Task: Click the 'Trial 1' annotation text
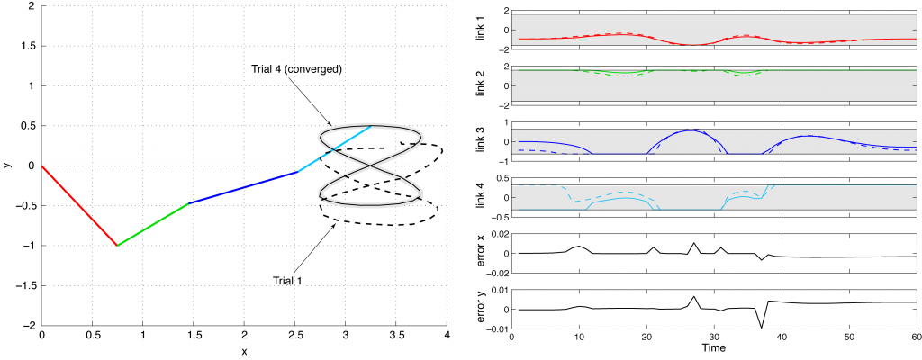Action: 288,281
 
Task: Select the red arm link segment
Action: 79,205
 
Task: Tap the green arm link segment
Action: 153,224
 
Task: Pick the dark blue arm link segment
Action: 243,187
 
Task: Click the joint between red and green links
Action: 117,245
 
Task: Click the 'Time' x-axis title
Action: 713,347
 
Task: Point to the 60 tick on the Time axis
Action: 915,337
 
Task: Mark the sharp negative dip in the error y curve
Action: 762,328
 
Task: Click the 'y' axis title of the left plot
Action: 6,166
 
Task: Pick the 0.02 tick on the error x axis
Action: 497,234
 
